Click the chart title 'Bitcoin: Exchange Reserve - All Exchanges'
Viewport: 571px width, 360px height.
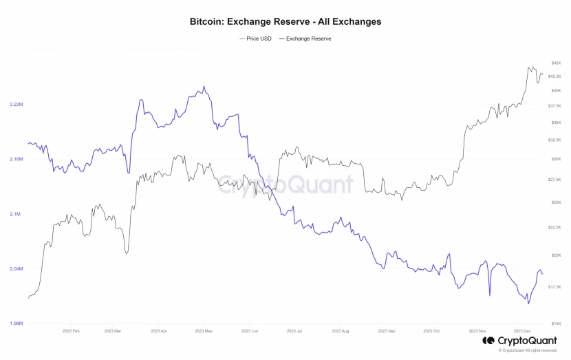click(285, 22)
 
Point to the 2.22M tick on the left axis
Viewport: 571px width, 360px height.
click(17, 105)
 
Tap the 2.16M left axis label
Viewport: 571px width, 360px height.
click(17, 159)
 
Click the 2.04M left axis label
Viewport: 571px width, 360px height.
click(17, 268)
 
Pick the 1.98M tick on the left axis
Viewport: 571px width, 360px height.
click(17, 323)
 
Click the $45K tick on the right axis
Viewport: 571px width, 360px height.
click(556, 63)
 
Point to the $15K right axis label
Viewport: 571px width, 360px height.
click(556, 323)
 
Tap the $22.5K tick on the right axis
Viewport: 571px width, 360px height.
click(554, 227)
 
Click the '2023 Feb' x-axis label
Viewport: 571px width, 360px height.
click(71, 331)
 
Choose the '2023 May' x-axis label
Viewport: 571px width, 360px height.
click(204, 331)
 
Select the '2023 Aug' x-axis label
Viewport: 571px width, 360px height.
click(341, 331)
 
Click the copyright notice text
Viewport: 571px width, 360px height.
click(528, 350)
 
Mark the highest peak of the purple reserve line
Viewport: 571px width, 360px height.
click(204, 87)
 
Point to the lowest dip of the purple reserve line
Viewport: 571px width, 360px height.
click(528, 304)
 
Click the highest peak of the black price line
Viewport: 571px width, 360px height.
click(529, 67)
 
